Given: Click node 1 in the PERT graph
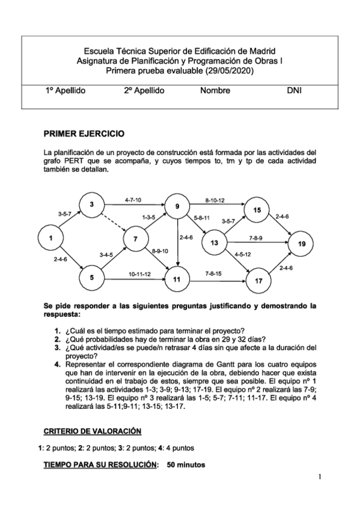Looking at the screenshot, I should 52,238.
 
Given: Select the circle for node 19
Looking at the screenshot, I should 302,244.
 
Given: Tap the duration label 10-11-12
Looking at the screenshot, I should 139,274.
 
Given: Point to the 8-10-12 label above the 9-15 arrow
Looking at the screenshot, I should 215,200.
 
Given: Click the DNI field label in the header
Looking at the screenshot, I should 294,91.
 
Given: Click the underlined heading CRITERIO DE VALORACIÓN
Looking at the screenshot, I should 92,431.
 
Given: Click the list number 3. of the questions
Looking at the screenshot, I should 57,347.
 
